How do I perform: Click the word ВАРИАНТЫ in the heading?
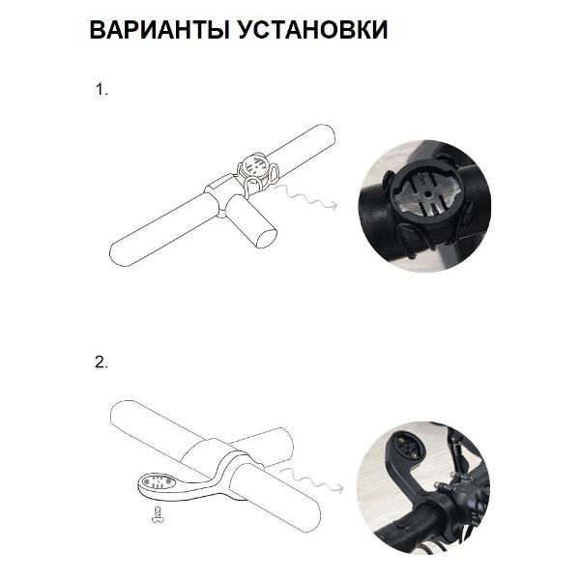pyautogui.click(x=159, y=29)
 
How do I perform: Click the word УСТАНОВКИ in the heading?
pyautogui.click(x=312, y=29)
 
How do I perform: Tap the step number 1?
pyautogui.click(x=101, y=90)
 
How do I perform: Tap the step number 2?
pyautogui.click(x=101, y=362)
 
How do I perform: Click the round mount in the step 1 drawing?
pyautogui.click(x=255, y=166)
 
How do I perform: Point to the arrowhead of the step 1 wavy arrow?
pyautogui.click(x=333, y=206)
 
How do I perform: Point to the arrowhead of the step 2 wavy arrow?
pyautogui.click(x=339, y=488)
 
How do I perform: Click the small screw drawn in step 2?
pyautogui.click(x=158, y=514)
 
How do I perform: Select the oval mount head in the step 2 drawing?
pyautogui.click(x=157, y=482)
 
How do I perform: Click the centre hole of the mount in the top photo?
pyautogui.click(x=427, y=193)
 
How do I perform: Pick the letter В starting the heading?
pyautogui.click(x=98, y=29)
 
